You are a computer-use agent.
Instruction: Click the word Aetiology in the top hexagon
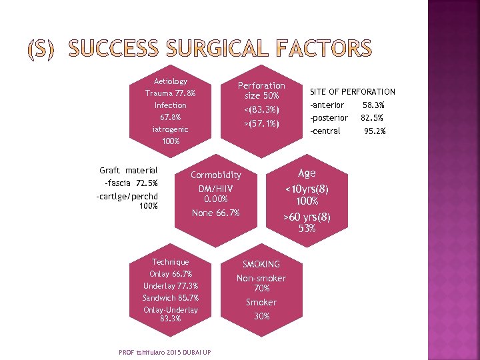(x=171, y=81)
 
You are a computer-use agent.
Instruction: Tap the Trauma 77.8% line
(x=171, y=93)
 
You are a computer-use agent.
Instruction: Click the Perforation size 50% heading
(x=261, y=91)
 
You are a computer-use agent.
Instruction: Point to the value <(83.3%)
(x=261, y=109)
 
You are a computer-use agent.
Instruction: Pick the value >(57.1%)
(x=261, y=123)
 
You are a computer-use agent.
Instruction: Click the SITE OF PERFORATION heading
(x=353, y=91)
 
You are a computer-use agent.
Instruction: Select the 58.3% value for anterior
(x=373, y=105)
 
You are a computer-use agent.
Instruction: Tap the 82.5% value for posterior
(x=372, y=118)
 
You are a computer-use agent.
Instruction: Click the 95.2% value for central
(x=375, y=131)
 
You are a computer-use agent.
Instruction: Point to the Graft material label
(x=128, y=171)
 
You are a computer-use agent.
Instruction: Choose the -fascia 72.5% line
(x=131, y=183)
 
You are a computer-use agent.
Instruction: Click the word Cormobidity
(x=216, y=175)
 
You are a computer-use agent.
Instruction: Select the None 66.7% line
(x=215, y=213)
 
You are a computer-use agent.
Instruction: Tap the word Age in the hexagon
(x=307, y=173)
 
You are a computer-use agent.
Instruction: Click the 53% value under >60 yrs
(x=307, y=229)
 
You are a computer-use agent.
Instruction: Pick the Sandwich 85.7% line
(x=171, y=297)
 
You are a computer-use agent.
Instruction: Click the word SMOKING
(x=261, y=264)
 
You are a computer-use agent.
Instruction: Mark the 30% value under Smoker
(x=261, y=316)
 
